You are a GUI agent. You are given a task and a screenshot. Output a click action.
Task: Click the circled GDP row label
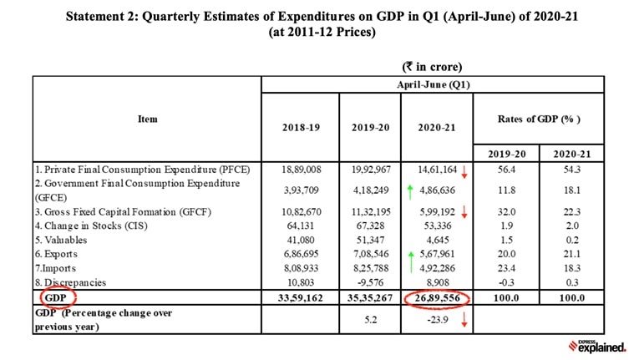coord(56,297)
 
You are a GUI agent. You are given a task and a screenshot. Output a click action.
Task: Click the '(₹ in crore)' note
coord(433,66)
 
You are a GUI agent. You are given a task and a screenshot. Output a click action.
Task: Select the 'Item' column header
coord(147,119)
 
